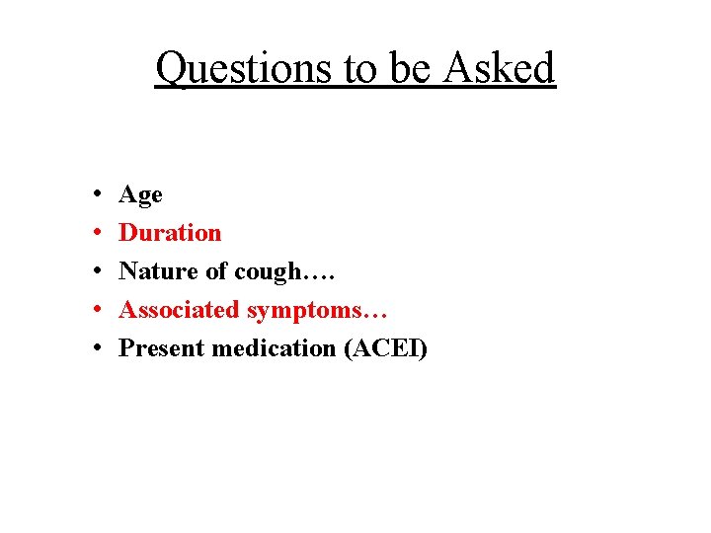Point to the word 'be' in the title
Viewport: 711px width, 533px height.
[x=415, y=68]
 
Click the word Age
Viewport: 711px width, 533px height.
[x=140, y=195]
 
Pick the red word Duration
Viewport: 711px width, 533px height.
[x=170, y=233]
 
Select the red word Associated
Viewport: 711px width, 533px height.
[x=180, y=310]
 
